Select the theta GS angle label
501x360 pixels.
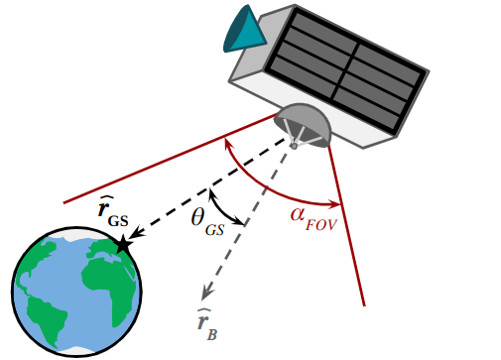(207, 220)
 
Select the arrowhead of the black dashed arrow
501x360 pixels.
(138, 234)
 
